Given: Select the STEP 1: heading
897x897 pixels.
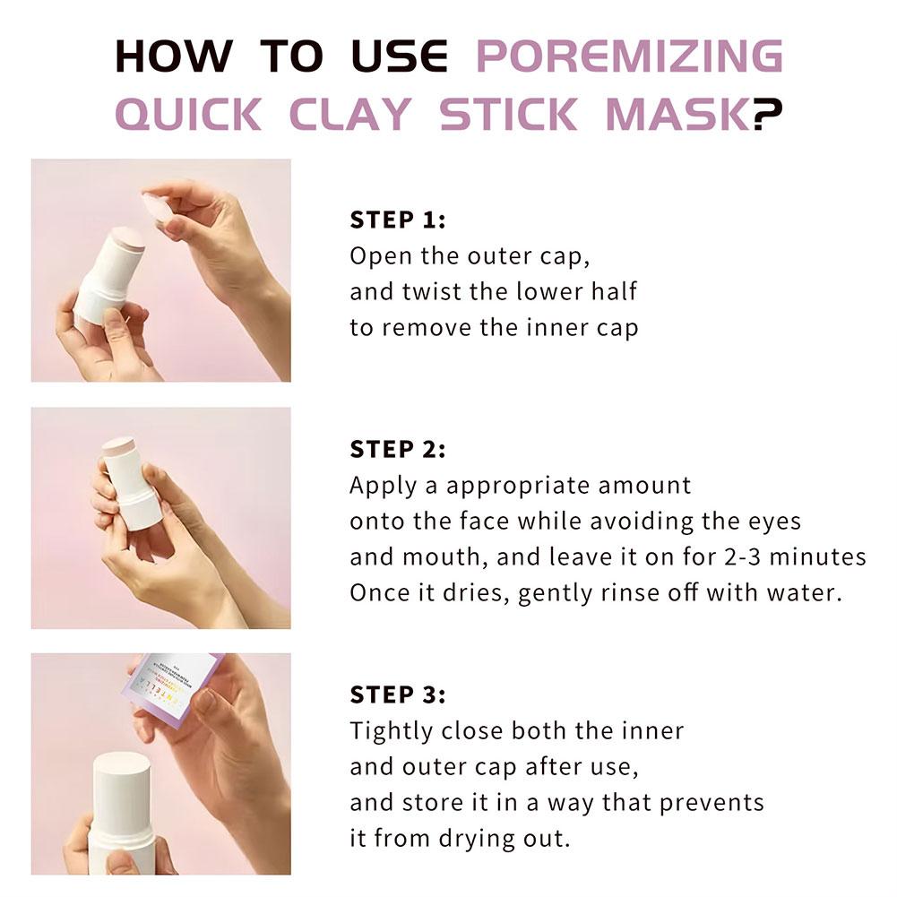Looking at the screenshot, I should click(397, 220).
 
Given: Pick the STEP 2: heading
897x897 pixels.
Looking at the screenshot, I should click(397, 449).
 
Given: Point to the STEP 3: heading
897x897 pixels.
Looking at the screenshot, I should click(397, 694).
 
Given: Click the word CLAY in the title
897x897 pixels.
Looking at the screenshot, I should click(349, 115).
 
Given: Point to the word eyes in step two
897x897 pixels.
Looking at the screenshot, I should click(772, 521).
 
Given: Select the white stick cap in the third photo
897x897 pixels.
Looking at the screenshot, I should click(122, 769).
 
